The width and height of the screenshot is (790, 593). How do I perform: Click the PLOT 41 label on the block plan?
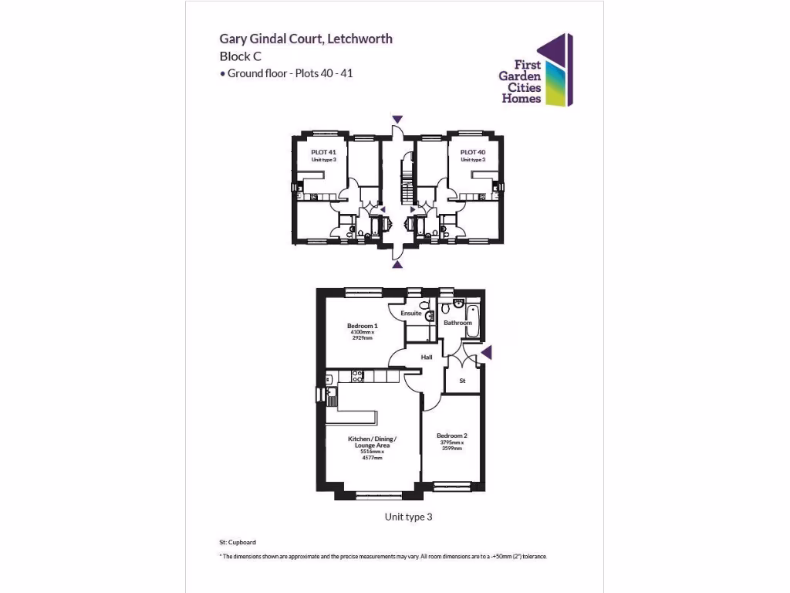[323, 153]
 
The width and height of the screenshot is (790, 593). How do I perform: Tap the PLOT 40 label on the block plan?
[472, 153]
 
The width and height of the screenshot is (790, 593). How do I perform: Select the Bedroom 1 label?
[362, 326]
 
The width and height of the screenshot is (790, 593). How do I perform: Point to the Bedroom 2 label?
[452, 435]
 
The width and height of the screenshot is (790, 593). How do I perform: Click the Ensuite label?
[411, 313]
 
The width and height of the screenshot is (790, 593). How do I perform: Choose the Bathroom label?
[457, 323]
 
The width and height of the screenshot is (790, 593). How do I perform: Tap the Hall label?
[427, 357]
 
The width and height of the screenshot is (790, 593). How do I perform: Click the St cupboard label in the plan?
[463, 381]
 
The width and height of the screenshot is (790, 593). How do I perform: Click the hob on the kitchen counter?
[358, 377]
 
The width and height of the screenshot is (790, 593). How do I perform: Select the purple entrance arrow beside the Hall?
[485, 353]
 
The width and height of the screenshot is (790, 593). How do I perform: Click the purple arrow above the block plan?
[397, 119]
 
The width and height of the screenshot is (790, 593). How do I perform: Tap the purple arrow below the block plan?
[397, 265]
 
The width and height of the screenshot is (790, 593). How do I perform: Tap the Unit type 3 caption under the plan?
[408, 517]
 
